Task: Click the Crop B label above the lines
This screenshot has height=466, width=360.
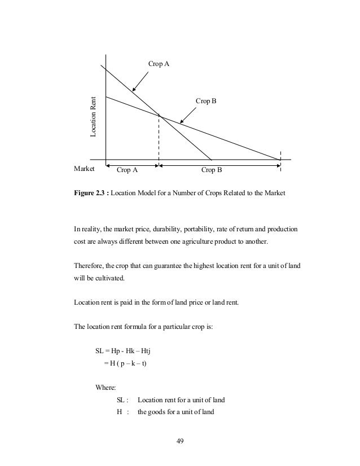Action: tap(206, 101)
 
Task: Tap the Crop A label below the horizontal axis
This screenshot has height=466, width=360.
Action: tap(127, 169)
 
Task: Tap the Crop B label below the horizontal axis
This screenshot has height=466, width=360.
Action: tap(212, 169)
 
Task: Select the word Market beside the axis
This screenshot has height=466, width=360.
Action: tap(84, 168)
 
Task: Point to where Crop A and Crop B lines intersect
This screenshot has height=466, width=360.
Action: tap(159, 116)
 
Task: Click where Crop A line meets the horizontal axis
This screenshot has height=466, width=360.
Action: tap(211, 160)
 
